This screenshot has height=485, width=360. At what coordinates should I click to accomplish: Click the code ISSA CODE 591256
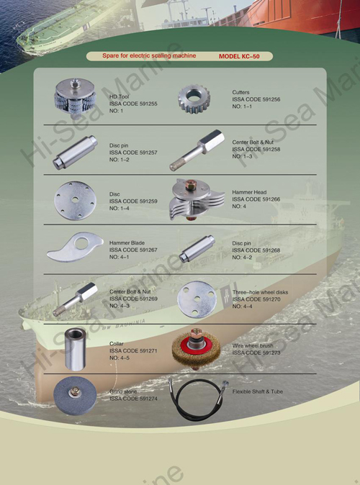tap(256, 99)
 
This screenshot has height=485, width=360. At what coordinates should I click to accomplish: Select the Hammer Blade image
tap(73, 248)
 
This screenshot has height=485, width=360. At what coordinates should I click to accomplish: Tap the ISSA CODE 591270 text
tap(256, 299)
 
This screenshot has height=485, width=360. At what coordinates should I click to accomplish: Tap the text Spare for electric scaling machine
tap(148, 55)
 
